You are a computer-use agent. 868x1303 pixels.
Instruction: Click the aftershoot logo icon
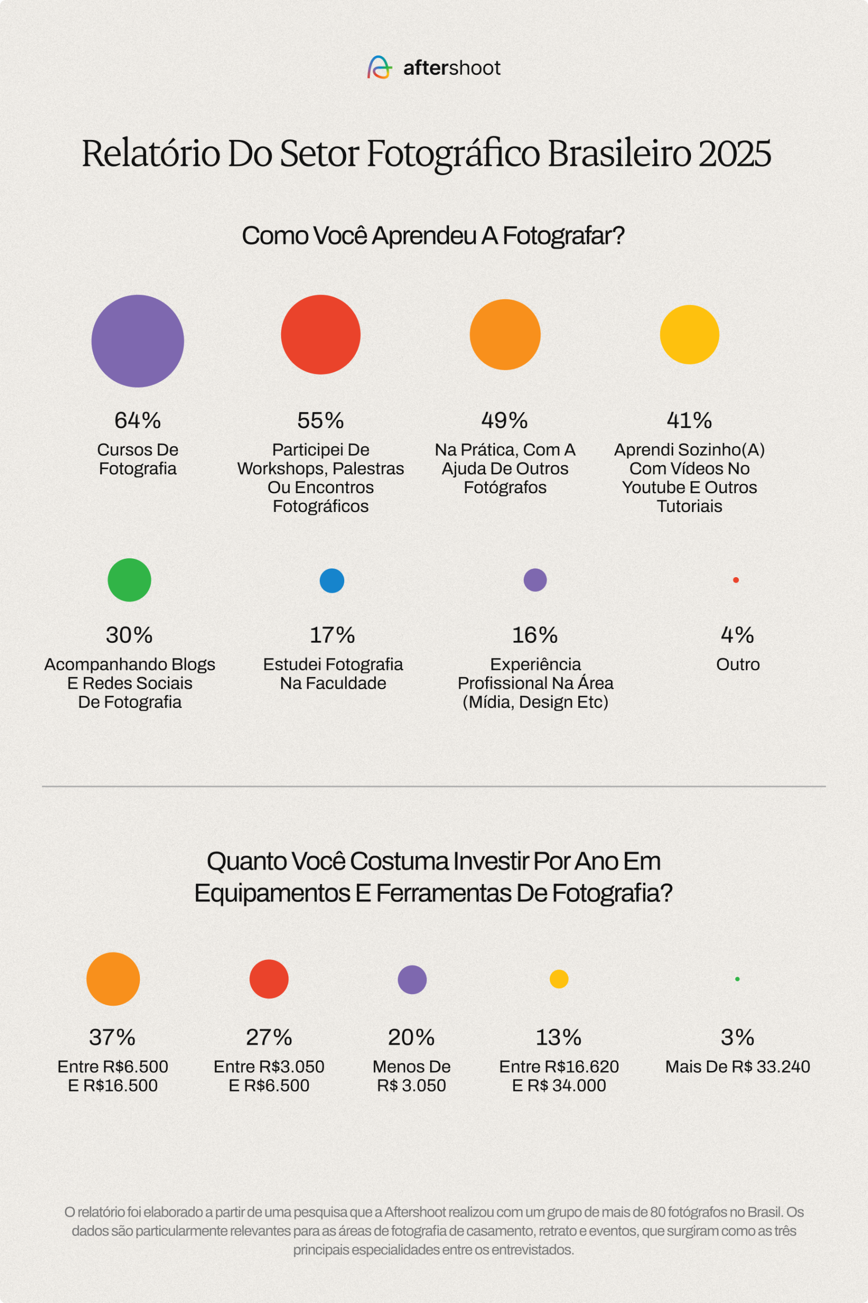click(x=380, y=68)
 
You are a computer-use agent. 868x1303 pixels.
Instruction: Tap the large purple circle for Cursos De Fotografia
click(x=137, y=341)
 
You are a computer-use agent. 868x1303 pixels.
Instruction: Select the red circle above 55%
click(x=320, y=334)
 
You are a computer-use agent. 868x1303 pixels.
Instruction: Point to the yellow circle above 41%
click(x=689, y=334)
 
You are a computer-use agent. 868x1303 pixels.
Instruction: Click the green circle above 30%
click(x=129, y=580)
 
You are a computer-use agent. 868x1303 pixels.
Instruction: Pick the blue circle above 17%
click(x=332, y=581)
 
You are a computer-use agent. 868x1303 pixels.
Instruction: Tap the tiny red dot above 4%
click(x=736, y=580)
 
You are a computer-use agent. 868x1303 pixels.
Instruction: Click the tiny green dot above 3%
click(x=737, y=979)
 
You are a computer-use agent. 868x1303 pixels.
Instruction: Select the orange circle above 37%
click(x=113, y=979)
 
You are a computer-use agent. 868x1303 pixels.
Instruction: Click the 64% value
click(x=137, y=420)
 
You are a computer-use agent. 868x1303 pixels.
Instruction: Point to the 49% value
click(x=504, y=420)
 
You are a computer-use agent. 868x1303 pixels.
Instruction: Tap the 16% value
click(x=535, y=635)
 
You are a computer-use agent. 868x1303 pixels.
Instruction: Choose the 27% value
click(x=269, y=1037)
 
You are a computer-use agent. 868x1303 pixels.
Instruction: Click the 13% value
click(x=558, y=1037)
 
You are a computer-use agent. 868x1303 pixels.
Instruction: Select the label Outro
click(x=738, y=664)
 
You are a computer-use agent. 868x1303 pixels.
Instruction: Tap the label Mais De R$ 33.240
click(x=737, y=1066)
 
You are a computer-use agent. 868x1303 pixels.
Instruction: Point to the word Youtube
click(x=650, y=488)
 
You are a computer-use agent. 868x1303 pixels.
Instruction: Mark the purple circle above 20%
click(x=412, y=979)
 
